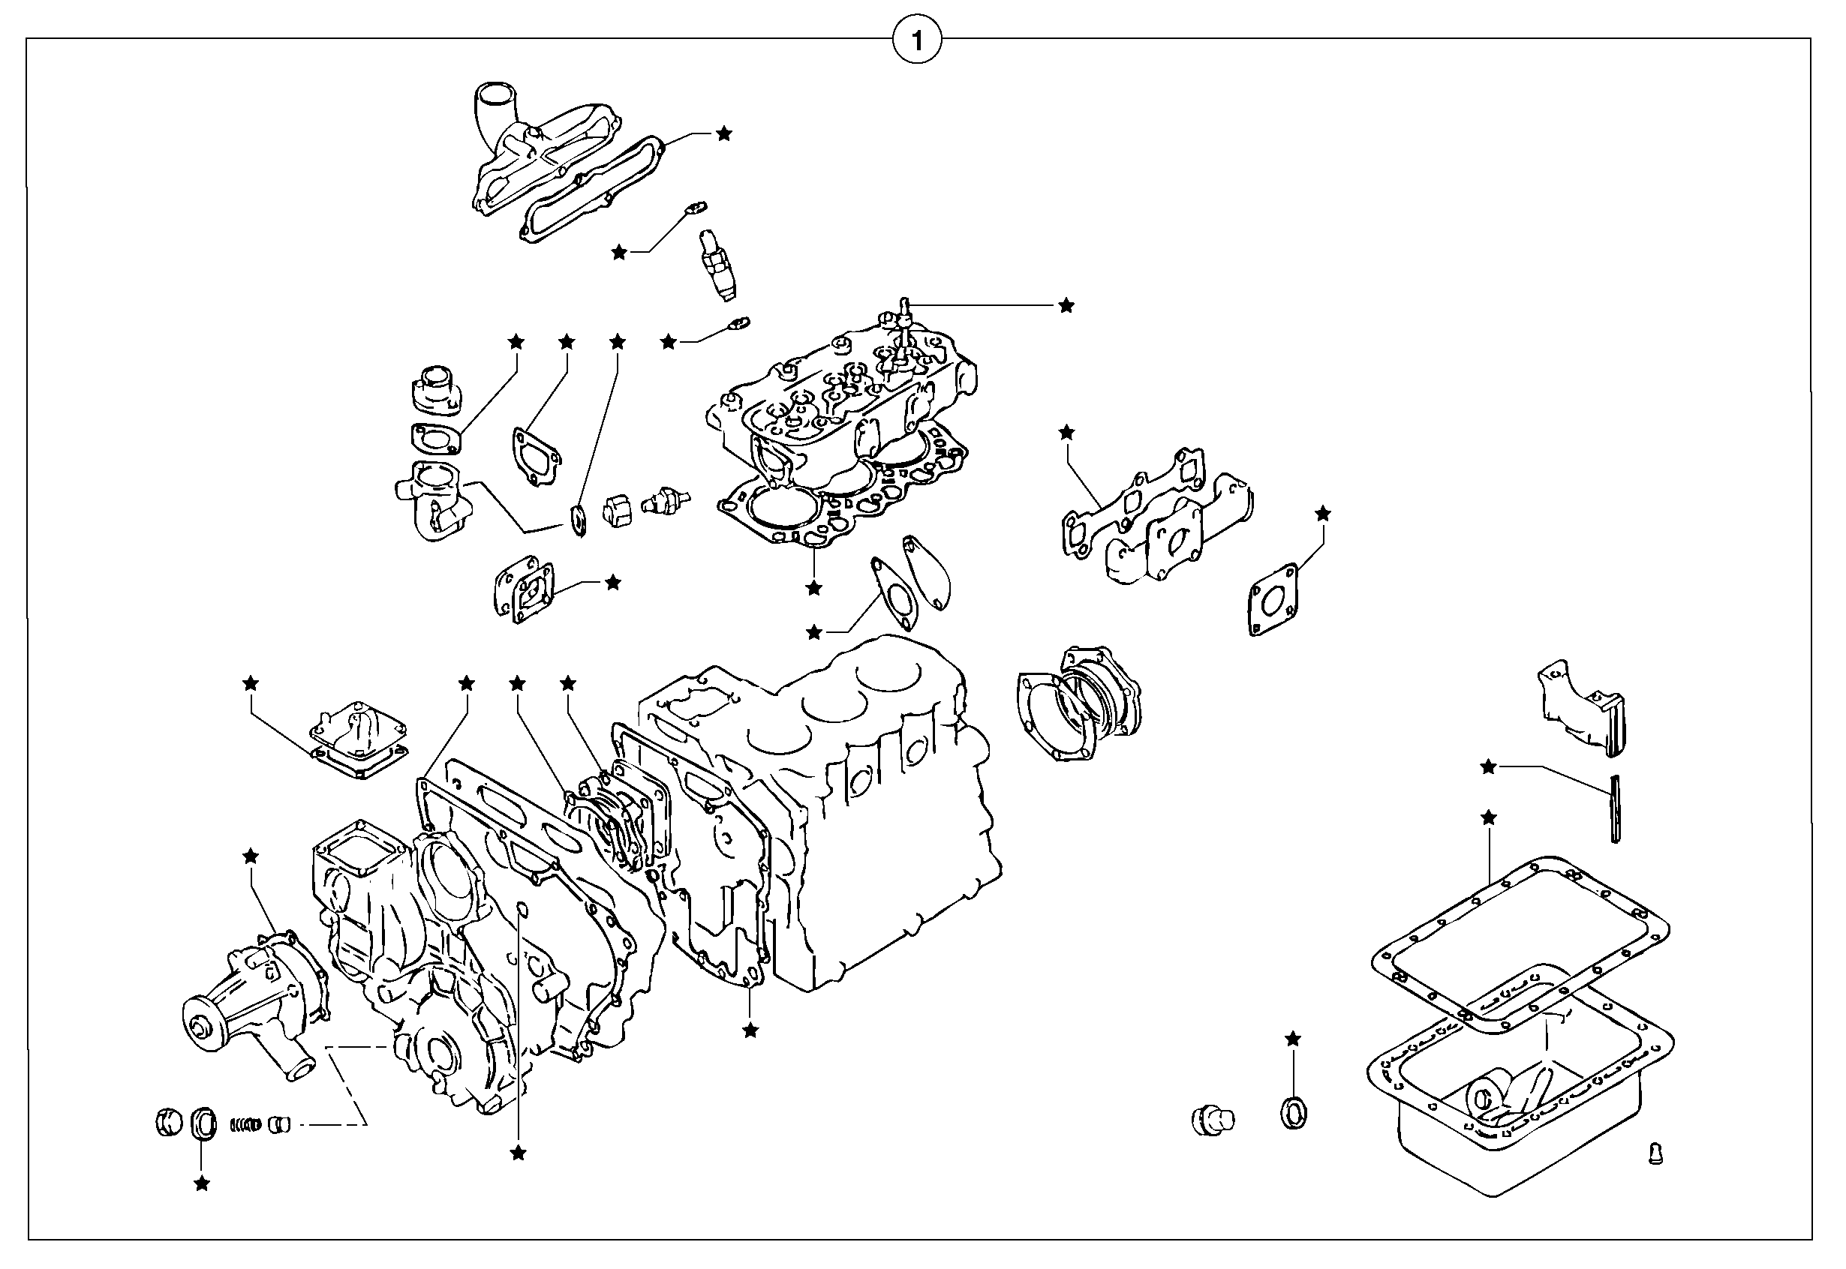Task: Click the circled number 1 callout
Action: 917,40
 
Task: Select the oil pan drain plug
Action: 1212,1120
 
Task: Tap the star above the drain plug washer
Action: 1293,1039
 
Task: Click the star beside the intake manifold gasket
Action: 723,133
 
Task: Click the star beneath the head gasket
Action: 813,589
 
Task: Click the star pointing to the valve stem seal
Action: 1066,305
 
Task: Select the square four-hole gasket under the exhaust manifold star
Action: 1273,600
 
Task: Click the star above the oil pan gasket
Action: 1489,817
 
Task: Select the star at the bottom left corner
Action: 202,1185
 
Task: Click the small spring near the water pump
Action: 246,1124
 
